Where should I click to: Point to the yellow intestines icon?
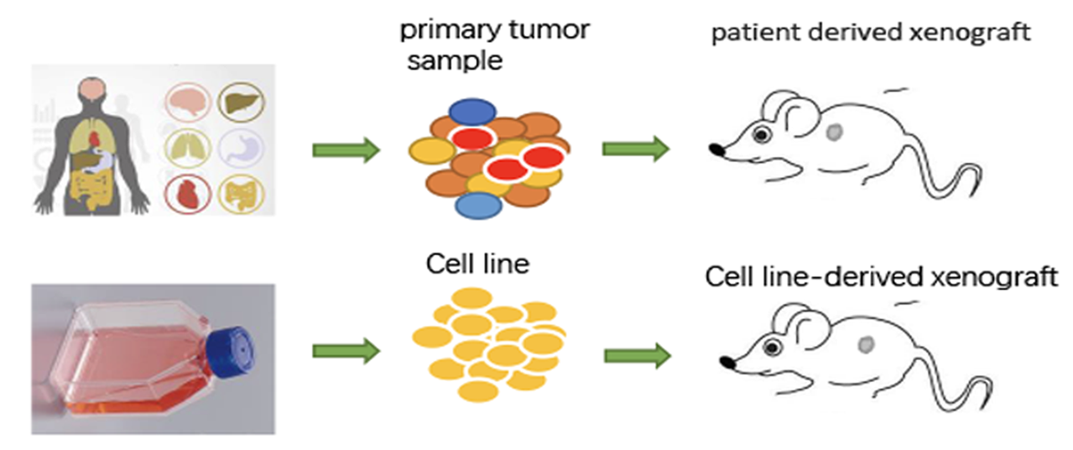coord(241,194)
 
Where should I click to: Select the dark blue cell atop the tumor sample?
coord(473,112)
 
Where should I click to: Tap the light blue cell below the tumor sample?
coord(479,205)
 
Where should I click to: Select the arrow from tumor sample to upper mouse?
coord(636,149)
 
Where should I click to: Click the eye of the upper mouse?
coord(762,133)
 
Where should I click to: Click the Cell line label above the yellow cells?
coord(477,264)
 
